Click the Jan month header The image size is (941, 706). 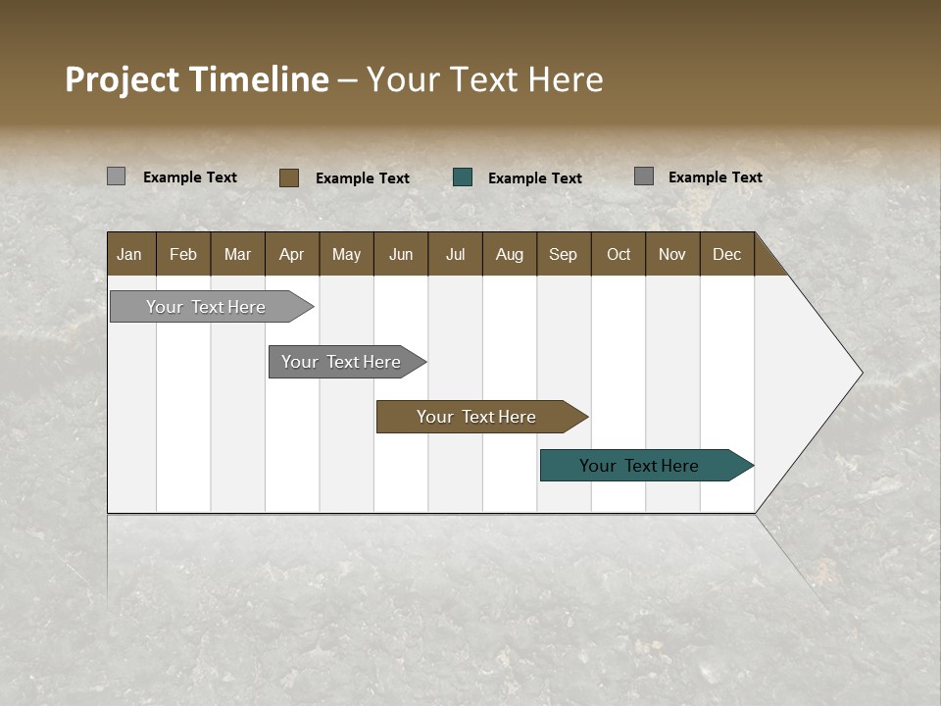[129, 254]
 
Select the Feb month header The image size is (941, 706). [183, 254]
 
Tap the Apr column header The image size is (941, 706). [291, 254]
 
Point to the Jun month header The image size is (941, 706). [401, 254]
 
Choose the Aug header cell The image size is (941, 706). [509, 254]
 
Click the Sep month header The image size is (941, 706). [563, 254]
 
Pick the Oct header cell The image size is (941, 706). [619, 254]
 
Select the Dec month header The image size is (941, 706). [726, 254]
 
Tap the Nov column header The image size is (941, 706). [672, 254]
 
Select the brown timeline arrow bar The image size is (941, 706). [477, 417]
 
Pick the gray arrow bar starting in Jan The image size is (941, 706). [207, 307]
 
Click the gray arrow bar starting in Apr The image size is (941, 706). [342, 362]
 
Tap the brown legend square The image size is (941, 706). [289, 177]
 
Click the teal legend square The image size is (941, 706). [463, 177]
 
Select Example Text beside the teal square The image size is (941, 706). [534, 178]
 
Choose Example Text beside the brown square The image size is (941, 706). [362, 178]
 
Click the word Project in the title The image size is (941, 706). [122, 79]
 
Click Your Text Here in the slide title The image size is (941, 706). [484, 79]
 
